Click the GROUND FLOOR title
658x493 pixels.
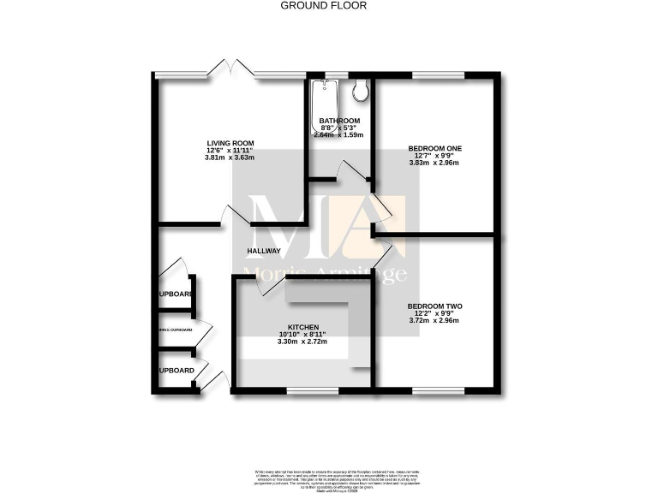[324, 5]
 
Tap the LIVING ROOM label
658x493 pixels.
[230, 143]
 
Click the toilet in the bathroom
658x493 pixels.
[361, 90]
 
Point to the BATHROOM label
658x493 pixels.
[339, 121]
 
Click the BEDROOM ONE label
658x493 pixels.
[434, 148]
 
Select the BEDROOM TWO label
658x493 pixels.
[434, 306]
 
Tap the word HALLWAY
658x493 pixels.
[264, 251]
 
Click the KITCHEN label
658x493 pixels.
[304, 328]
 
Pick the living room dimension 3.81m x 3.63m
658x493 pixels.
[230, 157]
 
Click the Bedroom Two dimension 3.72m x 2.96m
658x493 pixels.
[434, 321]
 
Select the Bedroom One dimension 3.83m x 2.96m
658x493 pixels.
[434, 163]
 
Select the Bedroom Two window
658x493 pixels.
[438, 391]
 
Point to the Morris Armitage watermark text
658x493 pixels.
[326, 274]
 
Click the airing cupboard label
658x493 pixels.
[174, 330]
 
